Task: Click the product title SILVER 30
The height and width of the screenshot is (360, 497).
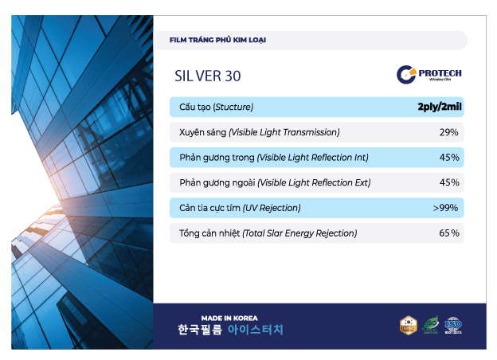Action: click(x=207, y=76)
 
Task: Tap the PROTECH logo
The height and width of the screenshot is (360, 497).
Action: click(x=429, y=75)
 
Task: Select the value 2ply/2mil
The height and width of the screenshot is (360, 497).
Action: click(x=438, y=107)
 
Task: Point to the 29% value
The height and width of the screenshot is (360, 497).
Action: click(x=448, y=132)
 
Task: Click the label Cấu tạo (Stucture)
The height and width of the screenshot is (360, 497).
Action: click(x=217, y=107)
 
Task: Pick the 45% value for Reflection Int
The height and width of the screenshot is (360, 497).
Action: click(x=448, y=158)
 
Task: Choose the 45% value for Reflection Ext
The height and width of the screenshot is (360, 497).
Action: click(x=448, y=182)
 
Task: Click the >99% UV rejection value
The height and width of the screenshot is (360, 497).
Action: click(x=445, y=208)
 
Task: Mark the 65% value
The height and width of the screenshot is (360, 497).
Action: click(x=448, y=233)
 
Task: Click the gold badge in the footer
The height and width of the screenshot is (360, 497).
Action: click(x=408, y=325)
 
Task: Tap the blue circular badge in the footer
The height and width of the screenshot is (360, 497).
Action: click(x=453, y=325)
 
